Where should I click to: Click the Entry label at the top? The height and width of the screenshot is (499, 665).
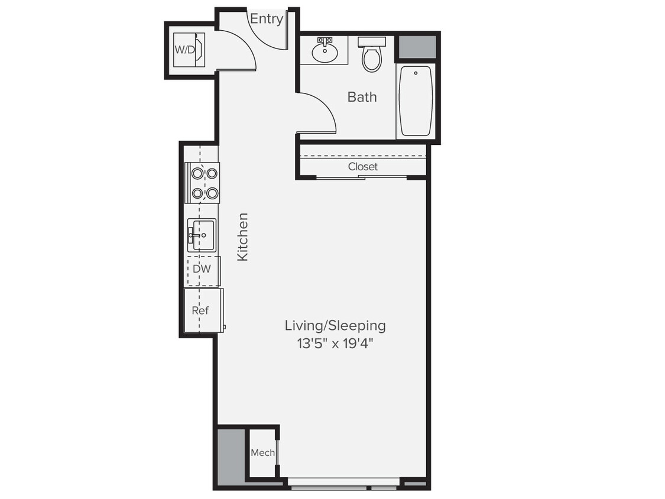[266, 19]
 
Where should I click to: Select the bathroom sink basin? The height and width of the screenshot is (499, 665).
[324, 52]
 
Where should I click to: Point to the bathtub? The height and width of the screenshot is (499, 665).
[416, 101]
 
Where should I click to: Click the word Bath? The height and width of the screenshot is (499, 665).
[362, 97]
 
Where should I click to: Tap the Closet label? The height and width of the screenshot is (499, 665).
[362, 167]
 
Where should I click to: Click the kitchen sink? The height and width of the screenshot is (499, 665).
[202, 235]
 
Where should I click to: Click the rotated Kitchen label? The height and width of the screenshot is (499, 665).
[243, 236]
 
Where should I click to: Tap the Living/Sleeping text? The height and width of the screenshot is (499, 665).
[335, 325]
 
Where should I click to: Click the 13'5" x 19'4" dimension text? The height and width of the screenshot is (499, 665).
[335, 344]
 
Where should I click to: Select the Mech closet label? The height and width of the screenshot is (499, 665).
[262, 453]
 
